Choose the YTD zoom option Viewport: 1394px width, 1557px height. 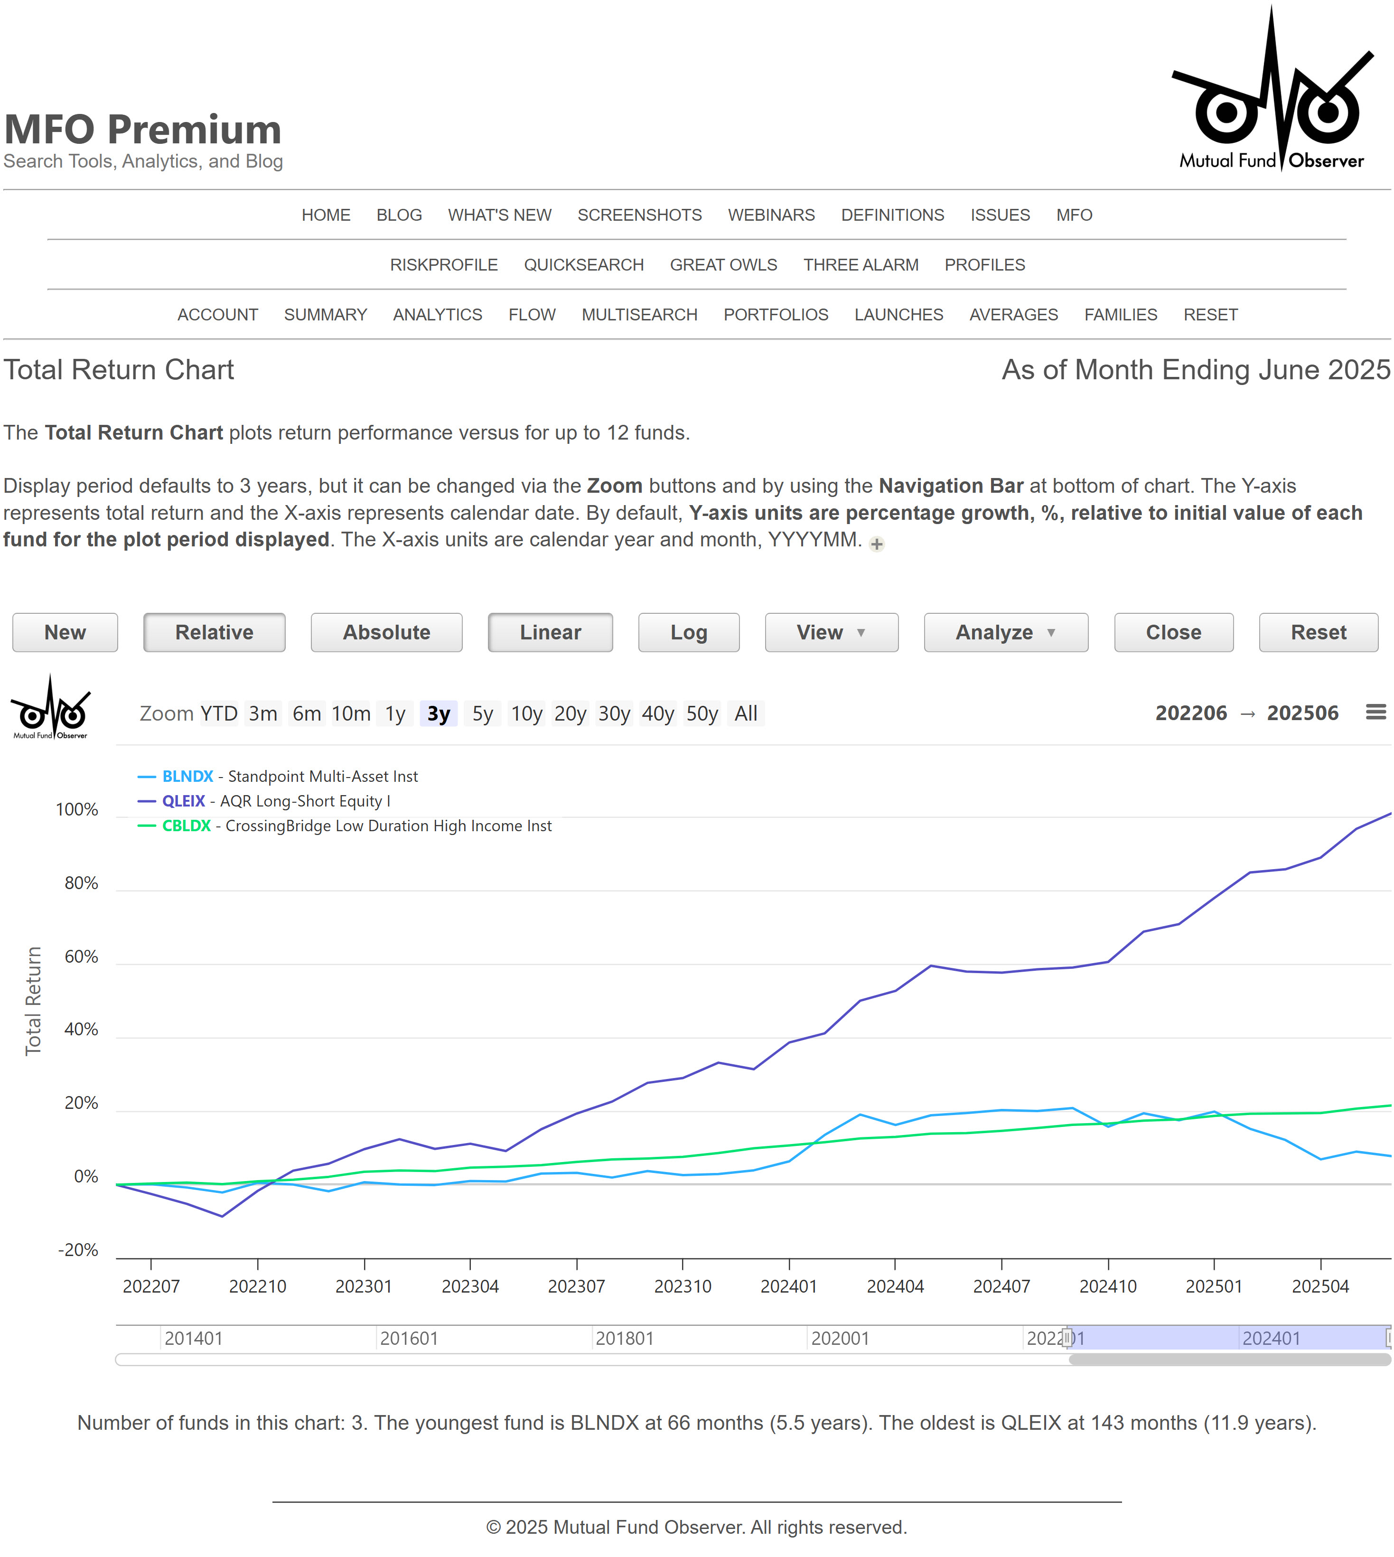point(219,714)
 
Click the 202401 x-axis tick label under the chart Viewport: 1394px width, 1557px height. point(788,1286)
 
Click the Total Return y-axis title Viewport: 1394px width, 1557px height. point(33,1001)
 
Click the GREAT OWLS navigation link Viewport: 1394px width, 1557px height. point(723,265)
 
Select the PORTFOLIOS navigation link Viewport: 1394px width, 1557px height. point(775,315)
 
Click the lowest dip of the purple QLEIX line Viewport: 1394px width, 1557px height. point(222,1216)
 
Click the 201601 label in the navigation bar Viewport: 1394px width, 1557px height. point(409,1339)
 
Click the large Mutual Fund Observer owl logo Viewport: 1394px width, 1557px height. point(1272,92)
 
